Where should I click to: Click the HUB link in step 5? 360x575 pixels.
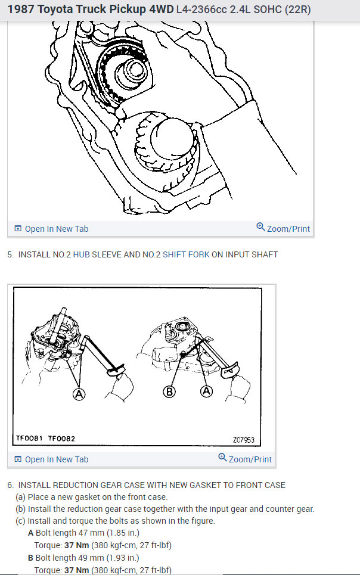pyautogui.click(x=81, y=254)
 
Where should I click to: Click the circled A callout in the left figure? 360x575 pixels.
pyautogui.click(x=79, y=393)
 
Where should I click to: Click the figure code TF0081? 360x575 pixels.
pyautogui.click(x=29, y=439)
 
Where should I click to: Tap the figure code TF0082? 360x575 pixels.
pyautogui.click(x=61, y=439)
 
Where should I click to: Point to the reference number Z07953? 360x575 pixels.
pyautogui.click(x=243, y=440)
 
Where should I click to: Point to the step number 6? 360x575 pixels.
pyautogui.click(x=10, y=485)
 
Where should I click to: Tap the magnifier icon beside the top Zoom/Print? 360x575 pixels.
pyautogui.click(x=260, y=227)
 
